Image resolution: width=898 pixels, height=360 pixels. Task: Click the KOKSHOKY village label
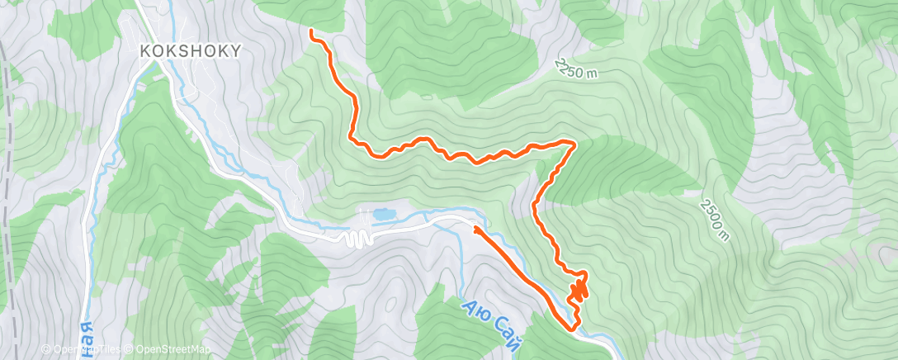click(x=191, y=50)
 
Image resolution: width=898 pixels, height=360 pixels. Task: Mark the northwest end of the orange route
click(x=312, y=32)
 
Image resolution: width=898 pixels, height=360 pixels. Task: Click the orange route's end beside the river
click(x=475, y=226)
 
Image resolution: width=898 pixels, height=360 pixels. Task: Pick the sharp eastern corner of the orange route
click(x=574, y=144)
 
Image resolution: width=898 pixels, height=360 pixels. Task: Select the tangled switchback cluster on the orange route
click(x=579, y=288)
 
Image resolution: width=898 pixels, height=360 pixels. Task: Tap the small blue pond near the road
click(x=383, y=215)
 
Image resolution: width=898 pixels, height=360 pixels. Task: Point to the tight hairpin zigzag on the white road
click(x=356, y=238)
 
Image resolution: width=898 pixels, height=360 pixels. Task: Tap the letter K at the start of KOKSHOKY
click(x=145, y=50)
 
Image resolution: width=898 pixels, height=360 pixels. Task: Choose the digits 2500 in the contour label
click(x=711, y=213)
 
